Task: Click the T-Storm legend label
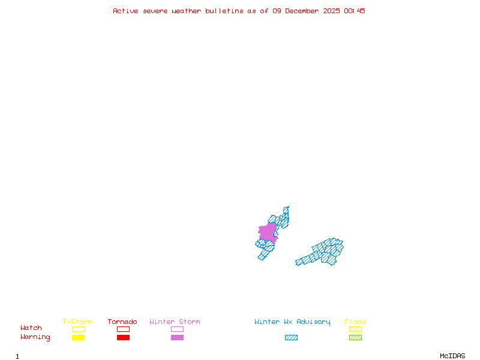coord(77,322)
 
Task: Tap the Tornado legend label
coord(122,322)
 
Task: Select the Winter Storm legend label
coord(175,322)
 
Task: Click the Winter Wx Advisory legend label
coord(292,322)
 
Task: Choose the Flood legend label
coord(355,322)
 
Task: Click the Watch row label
coord(31,328)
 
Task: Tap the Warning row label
coord(35,337)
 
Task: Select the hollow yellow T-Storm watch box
coord(78,329)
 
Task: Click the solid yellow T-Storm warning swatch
coord(78,338)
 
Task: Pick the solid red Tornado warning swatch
coord(123,338)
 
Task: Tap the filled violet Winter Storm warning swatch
coord(177,338)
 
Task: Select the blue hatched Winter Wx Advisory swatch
coord(291,338)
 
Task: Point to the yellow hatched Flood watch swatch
coord(355,329)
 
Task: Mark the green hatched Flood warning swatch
coord(355,338)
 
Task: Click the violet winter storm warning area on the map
coord(268,232)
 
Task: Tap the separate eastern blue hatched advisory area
coord(324,252)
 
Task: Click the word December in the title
coord(305,11)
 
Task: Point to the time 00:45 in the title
coord(355,11)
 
